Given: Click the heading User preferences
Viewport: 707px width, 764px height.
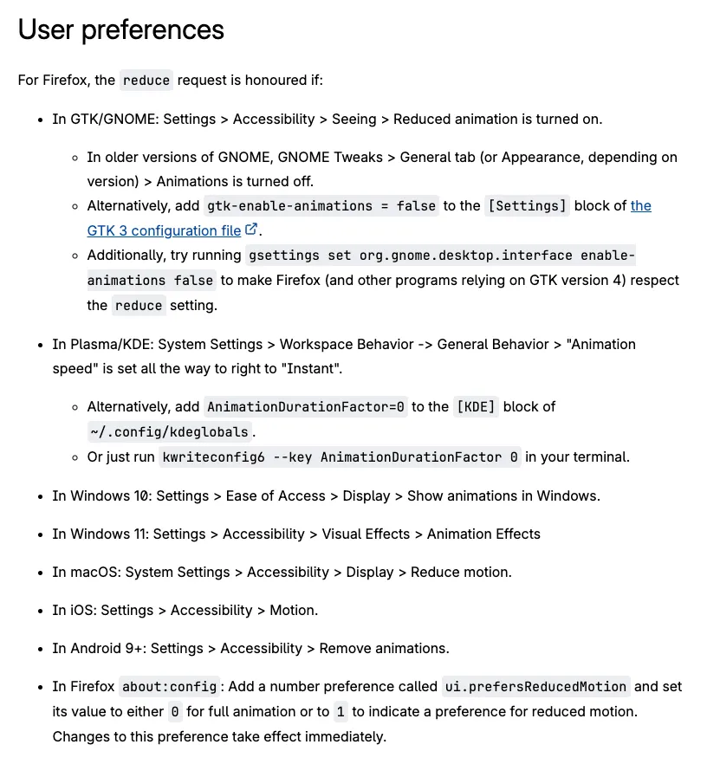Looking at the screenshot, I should [121, 29].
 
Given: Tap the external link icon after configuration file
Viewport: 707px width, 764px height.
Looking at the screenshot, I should [251, 230].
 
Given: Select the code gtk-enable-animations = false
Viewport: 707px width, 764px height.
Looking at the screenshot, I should [321, 205].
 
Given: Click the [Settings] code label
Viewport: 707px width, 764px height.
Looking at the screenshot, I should [528, 205].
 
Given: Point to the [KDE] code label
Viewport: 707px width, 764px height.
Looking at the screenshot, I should [476, 406].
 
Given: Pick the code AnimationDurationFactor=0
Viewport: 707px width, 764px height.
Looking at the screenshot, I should [306, 406].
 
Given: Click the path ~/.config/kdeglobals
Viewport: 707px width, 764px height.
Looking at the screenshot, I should [169, 431].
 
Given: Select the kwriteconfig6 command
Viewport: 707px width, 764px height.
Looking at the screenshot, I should [341, 456].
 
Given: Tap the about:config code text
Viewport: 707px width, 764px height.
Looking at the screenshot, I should [169, 686].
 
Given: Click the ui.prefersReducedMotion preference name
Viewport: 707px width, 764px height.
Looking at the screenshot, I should [535, 686].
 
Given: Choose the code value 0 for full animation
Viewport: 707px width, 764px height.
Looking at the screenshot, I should [175, 711].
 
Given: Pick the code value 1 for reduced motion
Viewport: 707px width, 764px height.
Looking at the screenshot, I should [341, 711].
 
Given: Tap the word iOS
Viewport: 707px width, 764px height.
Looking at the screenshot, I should [81, 610].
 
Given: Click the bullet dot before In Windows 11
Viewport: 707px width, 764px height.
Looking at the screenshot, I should [41, 534].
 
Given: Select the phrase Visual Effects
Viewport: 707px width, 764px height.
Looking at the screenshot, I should [364, 534].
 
